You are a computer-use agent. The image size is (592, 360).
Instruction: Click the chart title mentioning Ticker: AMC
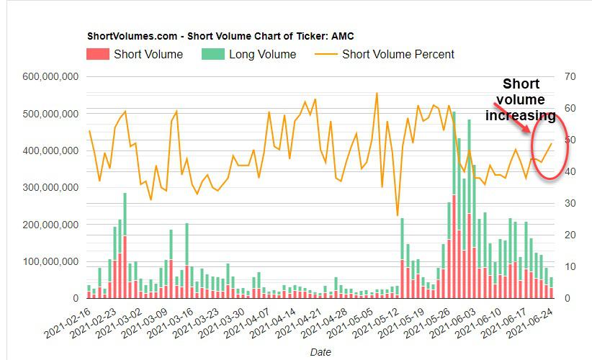click(220, 36)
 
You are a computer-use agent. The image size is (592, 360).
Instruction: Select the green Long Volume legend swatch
click(212, 54)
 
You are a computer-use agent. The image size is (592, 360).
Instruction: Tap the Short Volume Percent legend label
click(398, 54)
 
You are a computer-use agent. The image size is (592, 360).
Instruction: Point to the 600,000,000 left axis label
click(51, 77)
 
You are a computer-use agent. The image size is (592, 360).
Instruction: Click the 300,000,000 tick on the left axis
click(51, 187)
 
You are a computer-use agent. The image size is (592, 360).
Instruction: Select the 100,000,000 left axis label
click(51, 261)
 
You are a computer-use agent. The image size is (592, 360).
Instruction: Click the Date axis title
click(320, 352)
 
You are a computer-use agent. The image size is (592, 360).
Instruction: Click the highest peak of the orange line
click(377, 93)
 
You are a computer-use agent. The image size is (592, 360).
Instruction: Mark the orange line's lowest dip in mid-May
click(398, 215)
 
